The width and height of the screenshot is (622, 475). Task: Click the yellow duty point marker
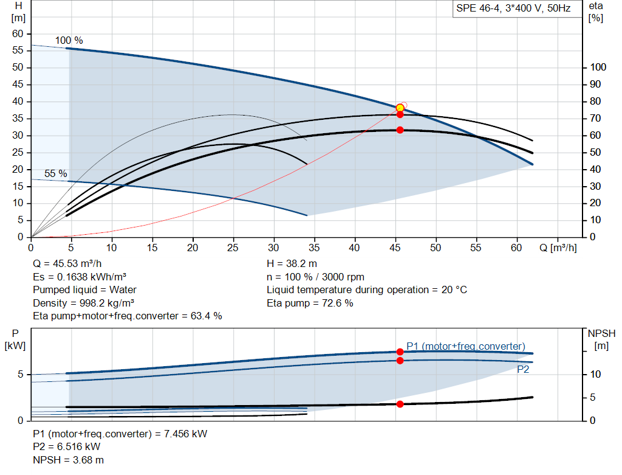pos(400,108)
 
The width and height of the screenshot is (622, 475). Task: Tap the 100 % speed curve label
pos(69,40)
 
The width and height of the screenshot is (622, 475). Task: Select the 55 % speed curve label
pos(55,174)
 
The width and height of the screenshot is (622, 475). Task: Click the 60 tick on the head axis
pos(18,33)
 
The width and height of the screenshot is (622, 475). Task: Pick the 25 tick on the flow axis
pos(233,248)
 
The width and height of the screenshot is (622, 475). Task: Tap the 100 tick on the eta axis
pos(598,68)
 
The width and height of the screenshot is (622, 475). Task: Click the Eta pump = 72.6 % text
pos(310,303)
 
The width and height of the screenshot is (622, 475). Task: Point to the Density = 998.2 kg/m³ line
pos(84,303)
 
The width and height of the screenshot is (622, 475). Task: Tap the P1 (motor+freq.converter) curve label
pos(465,346)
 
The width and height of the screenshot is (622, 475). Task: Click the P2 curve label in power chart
pos(523,369)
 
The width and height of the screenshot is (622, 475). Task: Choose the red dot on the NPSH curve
pos(400,404)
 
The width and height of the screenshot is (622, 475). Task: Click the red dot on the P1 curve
pos(400,352)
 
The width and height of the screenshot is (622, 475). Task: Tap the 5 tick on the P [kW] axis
pos(20,375)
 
